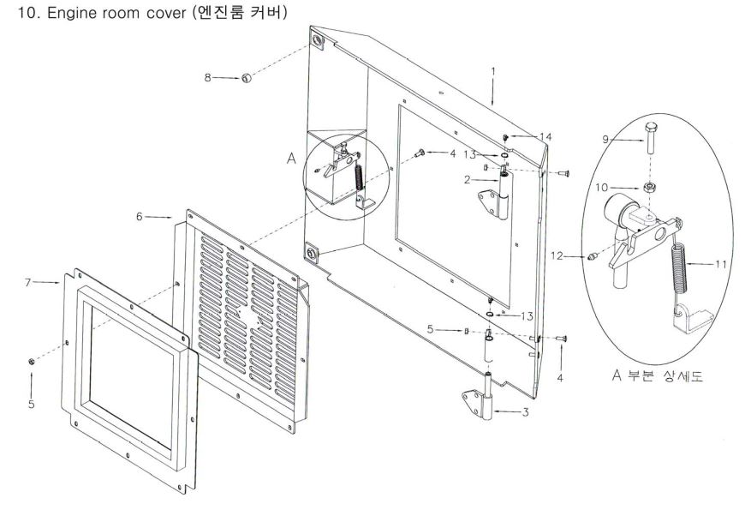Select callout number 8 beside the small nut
[x=206, y=78]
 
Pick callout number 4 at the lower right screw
[x=561, y=375]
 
